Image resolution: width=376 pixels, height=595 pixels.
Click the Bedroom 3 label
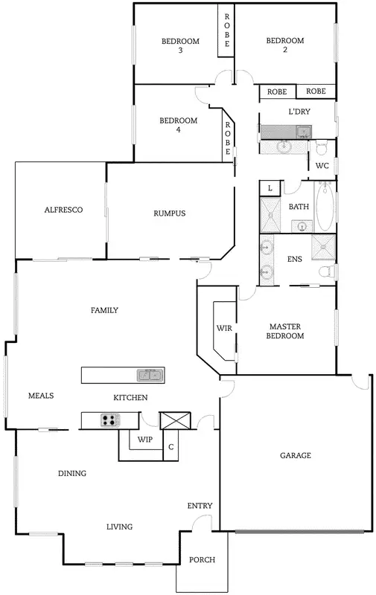[x=180, y=45]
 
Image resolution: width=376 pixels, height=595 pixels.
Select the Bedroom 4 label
[x=179, y=125]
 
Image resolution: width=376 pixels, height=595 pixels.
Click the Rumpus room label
[x=169, y=213]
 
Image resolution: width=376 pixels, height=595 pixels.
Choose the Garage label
[x=295, y=455]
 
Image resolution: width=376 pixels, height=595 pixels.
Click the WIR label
[x=225, y=327]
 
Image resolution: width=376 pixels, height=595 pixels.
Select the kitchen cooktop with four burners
[x=110, y=421]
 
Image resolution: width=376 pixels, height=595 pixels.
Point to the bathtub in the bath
[x=324, y=208]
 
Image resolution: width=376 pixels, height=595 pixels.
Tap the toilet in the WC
[x=322, y=146]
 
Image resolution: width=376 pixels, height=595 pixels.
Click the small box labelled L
[x=269, y=188]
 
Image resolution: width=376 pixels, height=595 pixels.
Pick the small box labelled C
[x=171, y=447]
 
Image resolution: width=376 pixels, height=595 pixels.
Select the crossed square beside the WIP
[x=176, y=420]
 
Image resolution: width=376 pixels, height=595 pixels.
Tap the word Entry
[x=200, y=506]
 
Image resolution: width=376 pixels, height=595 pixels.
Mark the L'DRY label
[x=299, y=112]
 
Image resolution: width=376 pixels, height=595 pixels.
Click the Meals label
[x=41, y=396]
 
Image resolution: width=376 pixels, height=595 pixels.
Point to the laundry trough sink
[x=303, y=132]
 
